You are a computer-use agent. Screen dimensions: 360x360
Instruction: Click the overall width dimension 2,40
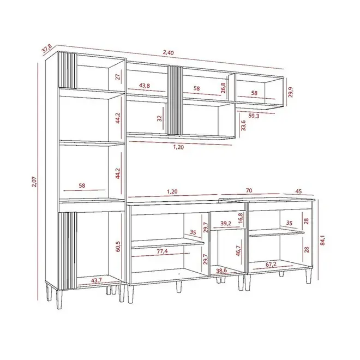click(169, 52)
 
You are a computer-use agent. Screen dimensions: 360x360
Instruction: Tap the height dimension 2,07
click(34, 182)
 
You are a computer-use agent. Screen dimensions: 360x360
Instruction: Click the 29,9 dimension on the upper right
click(291, 92)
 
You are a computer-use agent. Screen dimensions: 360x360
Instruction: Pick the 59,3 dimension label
click(254, 116)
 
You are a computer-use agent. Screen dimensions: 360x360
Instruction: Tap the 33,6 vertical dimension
click(243, 125)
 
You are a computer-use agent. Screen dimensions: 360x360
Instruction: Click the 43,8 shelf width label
click(145, 86)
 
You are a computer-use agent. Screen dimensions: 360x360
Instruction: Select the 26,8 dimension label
click(223, 88)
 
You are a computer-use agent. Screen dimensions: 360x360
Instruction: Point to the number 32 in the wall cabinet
click(160, 118)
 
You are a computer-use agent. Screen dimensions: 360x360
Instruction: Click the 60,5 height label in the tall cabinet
click(118, 247)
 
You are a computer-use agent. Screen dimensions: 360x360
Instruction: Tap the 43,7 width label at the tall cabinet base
click(97, 280)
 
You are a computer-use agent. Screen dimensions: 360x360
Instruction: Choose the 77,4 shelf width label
click(163, 251)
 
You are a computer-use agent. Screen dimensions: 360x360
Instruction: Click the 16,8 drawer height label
click(241, 218)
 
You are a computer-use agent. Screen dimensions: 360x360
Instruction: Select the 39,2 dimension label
click(226, 223)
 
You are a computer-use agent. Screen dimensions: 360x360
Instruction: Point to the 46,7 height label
click(238, 251)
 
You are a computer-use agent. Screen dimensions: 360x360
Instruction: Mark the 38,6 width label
click(221, 271)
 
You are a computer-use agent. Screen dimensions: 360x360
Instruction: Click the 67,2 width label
click(271, 265)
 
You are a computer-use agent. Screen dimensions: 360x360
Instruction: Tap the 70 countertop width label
click(249, 190)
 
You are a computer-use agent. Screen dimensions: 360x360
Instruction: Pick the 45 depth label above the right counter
click(299, 191)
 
